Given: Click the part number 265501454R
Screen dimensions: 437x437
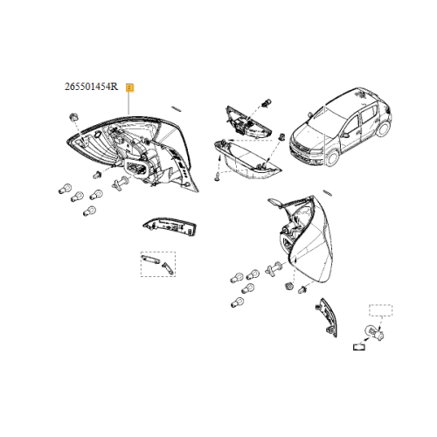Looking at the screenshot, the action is [x=91, y=87].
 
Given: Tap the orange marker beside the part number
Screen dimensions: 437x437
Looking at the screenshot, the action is [x=129, y=87].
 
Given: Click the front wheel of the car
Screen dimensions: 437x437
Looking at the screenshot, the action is [x=333, y=159].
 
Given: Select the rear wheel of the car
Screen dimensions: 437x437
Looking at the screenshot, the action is [x=384, y=128].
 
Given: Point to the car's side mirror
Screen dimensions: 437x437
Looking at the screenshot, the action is [x=345, y=135].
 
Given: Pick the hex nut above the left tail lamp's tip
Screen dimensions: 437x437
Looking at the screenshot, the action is [x=73, y=118].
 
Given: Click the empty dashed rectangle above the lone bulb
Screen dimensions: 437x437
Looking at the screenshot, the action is [x=380, y=310].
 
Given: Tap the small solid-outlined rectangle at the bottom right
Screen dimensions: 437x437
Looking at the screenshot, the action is [x=358, y=347].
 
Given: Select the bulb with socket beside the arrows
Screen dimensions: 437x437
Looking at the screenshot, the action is [x=374, y=332].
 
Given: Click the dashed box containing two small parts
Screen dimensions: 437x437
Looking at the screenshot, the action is [x=158, y=264].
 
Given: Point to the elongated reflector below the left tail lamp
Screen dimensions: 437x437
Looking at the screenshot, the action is [x=170, y=226].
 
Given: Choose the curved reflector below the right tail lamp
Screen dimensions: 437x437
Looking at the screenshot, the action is [x=327, y=317].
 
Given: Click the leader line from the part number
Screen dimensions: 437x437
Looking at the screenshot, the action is [x=128, y=103].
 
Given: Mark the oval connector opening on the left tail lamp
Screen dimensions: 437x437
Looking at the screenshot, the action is [x=137, y=168].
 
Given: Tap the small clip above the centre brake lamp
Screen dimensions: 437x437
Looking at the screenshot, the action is [x=267, y=102].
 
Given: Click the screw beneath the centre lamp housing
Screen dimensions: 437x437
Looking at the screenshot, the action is [x=218, y=177].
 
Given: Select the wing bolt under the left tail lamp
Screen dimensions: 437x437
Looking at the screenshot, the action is [x=120, y=184].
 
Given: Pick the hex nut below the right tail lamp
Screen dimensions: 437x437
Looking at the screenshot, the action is [x=289, y=286].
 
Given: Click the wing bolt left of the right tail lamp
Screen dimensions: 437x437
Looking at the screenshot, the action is [x=274, y=268].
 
